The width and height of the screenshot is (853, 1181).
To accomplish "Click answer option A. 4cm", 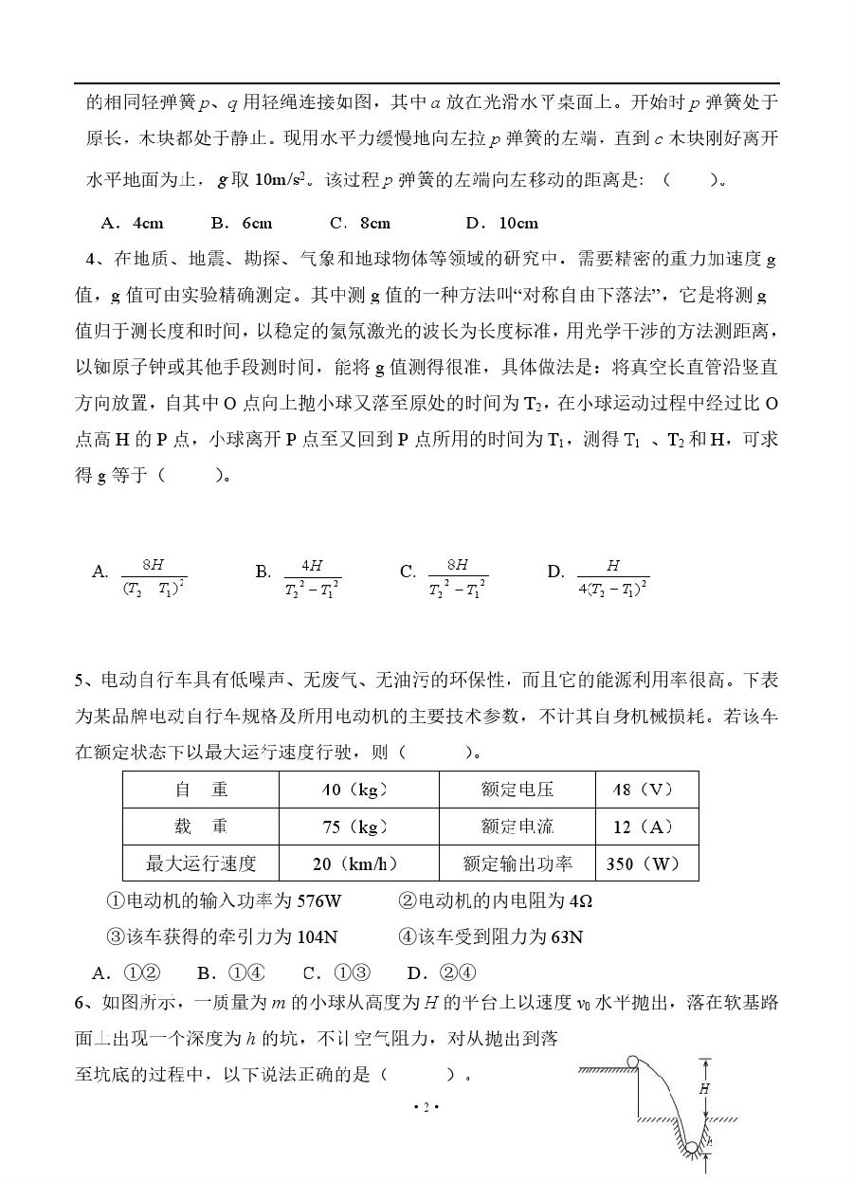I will (132, 224).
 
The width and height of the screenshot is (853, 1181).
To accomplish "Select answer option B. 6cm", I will (242, 224).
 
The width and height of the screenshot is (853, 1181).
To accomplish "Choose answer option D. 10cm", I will (502, 224).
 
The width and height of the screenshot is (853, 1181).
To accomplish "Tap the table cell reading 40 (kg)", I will (357, 790).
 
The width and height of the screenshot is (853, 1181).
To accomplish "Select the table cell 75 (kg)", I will (357, 827).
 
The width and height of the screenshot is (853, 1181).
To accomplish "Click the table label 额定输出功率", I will (517, 863).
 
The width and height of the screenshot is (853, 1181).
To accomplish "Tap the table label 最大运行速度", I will (201, 863).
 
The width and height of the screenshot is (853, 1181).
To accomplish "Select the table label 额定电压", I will (517, 790).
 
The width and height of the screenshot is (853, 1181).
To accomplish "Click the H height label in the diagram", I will (704, 1089).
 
